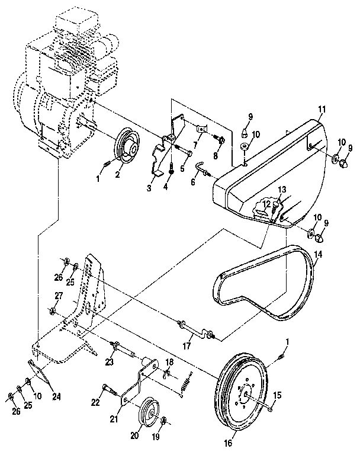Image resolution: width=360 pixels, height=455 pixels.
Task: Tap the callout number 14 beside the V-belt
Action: [x=318, y=255]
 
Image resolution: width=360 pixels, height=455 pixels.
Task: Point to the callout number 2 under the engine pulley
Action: [x=117, y=175]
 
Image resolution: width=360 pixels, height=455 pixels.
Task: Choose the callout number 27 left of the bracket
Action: [x=59, y=295]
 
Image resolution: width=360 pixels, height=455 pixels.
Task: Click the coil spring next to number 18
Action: [x=186, y=383]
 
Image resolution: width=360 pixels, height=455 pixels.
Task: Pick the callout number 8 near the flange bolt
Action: [x=216, y=155]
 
